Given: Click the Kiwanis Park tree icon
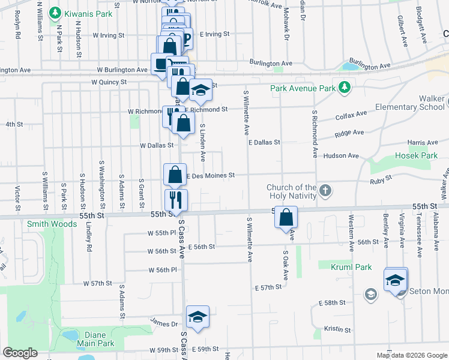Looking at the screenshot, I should (55, 12).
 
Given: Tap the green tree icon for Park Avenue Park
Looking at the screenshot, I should (344, 88).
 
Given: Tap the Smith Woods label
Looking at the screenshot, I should (52, 224).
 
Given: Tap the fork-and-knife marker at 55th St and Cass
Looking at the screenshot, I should (176, 199).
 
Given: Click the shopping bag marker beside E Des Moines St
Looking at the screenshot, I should (174, 174).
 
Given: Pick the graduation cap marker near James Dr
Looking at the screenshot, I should (197, 316).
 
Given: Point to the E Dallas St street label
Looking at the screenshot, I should (264, 142).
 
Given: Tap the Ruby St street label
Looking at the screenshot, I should (381, 178).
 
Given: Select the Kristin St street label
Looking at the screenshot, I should (337, 329).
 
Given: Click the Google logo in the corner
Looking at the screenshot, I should (20, 353).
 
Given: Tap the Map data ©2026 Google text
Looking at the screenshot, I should (411, 355).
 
